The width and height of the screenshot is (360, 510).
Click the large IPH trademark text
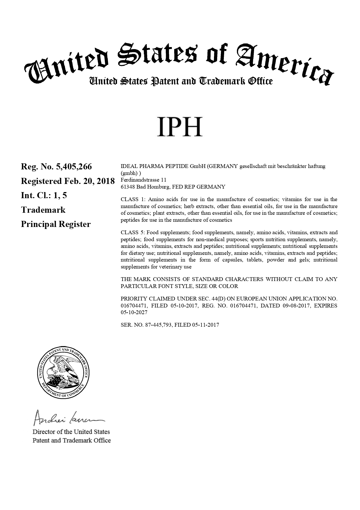click(179, 127)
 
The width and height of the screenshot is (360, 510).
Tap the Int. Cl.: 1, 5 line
click(44, 196)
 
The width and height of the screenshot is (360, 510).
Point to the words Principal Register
click(56, 224)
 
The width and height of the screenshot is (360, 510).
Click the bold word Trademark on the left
click(43, 210)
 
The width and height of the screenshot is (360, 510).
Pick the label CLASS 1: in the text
click(133, 199)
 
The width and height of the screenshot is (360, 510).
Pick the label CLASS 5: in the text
click(133, 232)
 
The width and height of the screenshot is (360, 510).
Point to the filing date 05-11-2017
click(206, 325)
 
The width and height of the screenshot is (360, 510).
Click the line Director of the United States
click(71, 432)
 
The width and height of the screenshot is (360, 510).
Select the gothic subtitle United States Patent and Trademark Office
click(181, 81)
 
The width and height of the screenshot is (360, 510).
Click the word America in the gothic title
click(285, 62)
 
